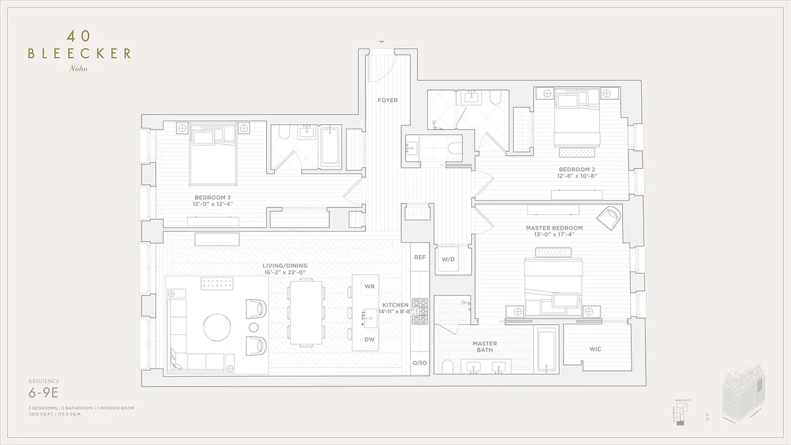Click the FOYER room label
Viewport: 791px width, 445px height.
pos(388,100)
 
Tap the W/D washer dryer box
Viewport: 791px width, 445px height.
pos(448,259)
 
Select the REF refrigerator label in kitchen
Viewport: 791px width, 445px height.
pos(419,258)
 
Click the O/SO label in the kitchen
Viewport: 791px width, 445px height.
pos(419,363)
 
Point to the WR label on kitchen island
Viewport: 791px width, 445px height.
pos(369,286)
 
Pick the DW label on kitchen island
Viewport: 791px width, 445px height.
pos(369,339)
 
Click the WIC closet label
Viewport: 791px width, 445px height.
pos(595,349)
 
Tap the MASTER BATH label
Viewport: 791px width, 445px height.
pos(485,347)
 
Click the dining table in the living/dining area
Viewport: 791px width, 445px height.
pos(306,311)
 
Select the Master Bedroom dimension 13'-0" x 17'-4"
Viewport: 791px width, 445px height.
pos(554,235)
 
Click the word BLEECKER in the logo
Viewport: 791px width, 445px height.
pos(80,54)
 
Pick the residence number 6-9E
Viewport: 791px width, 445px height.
pos(43,393)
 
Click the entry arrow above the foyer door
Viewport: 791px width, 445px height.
pos(382,42)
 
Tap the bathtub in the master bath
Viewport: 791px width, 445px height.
pos(546,349)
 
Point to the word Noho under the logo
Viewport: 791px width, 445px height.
pos(78,69)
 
